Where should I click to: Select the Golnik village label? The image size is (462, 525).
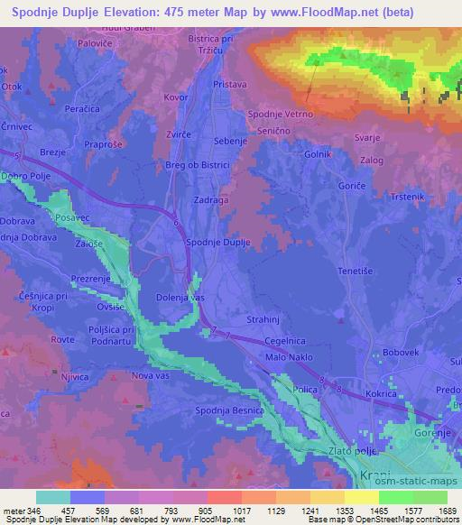pos(319,155)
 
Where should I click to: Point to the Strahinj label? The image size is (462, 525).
pos(264,320)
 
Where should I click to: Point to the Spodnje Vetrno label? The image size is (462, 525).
pos(281,114)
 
